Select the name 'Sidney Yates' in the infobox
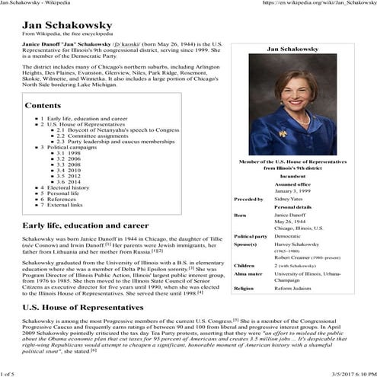(289, 199)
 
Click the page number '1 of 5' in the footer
(8, 373)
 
